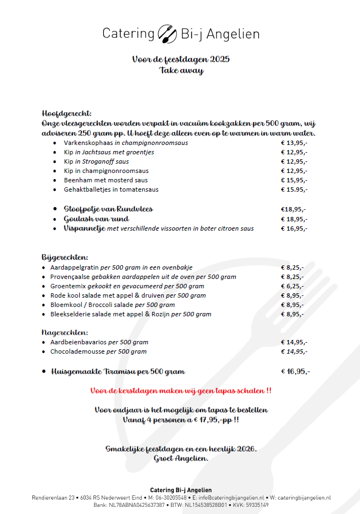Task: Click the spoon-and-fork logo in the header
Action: pos(167,33)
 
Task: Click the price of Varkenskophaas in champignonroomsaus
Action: pos(294,143)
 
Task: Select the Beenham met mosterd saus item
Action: pos(106,180)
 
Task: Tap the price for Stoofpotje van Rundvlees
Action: pos(293,209)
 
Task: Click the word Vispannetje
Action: pos(84,228)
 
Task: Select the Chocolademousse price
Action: pos(294,351)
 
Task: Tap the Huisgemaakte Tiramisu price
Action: pos(296,371)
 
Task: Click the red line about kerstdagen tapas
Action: pos(180,391)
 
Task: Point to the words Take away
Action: pos(181,70)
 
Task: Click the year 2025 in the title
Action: pos(220,59)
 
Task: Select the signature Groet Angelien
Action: pos(181,459)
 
